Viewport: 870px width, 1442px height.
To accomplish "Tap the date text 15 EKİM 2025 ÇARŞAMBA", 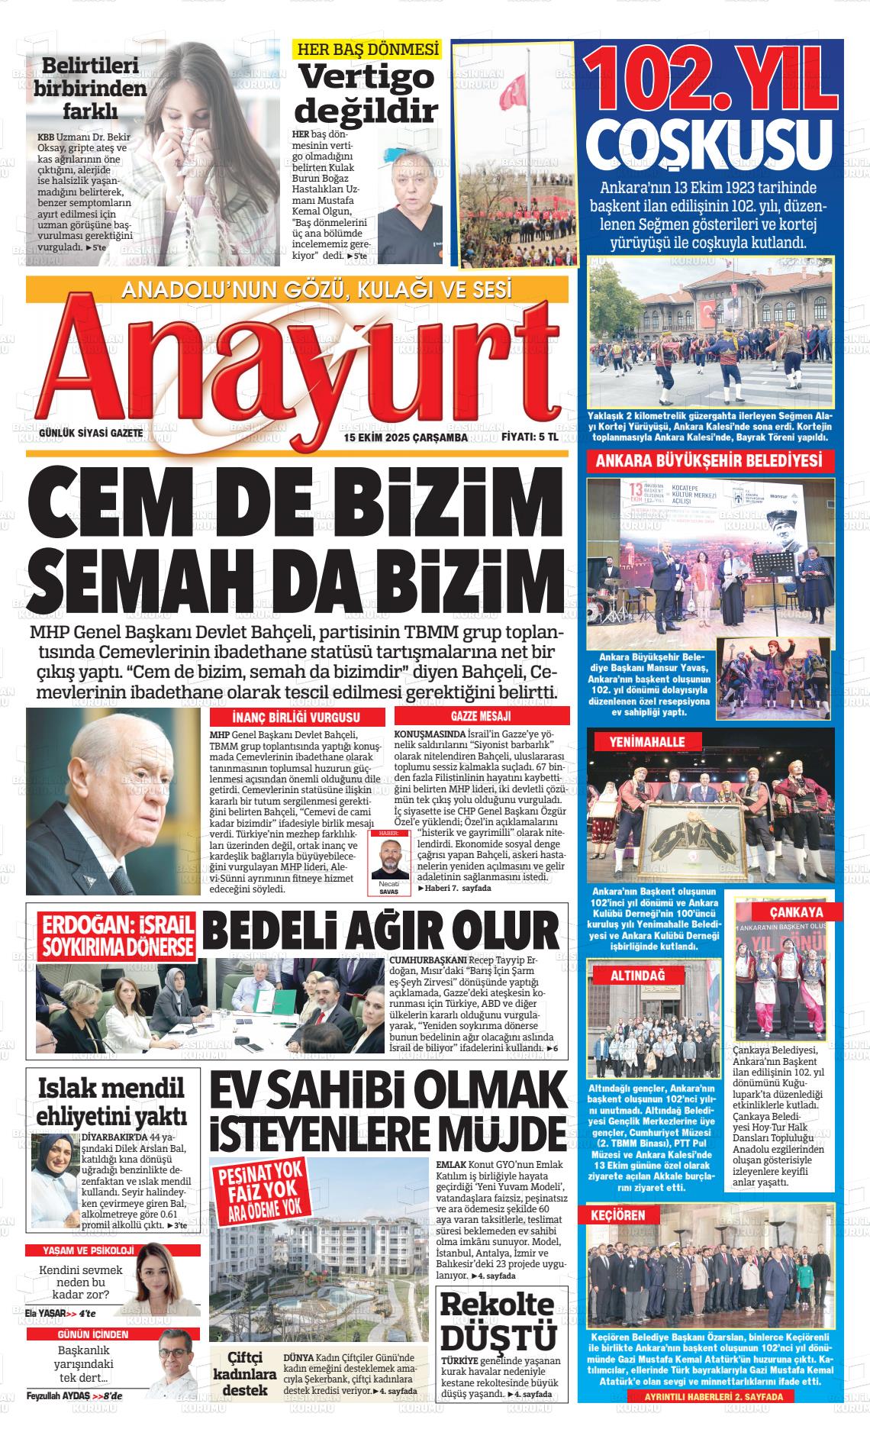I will point(406,438).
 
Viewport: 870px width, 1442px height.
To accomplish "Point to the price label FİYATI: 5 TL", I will point(530,438).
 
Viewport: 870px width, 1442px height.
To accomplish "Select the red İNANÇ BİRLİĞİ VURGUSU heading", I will point(295,718).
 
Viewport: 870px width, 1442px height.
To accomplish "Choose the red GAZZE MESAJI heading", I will point(481,717).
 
